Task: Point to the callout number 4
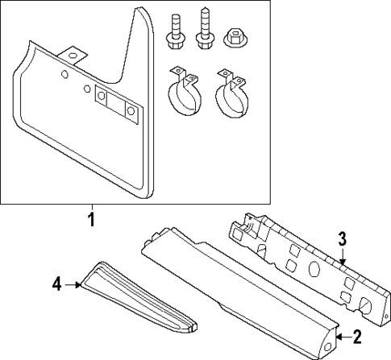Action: click(57, 283)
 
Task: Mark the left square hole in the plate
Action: click(102, 97)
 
